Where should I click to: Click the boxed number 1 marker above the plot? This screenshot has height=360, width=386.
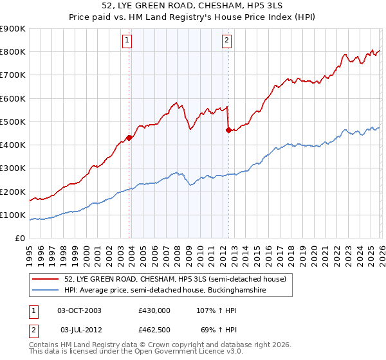(x=127, y=40)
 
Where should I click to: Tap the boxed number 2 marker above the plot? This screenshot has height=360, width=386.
(x=227, y=40)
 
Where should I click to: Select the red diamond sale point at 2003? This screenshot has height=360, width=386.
(x=129, y=137)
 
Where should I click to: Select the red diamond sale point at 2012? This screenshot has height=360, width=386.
(x=228, y=130)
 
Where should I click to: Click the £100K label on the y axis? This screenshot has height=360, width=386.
(x=13, y=215)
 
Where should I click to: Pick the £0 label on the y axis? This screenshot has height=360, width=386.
(x=19, y=238)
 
